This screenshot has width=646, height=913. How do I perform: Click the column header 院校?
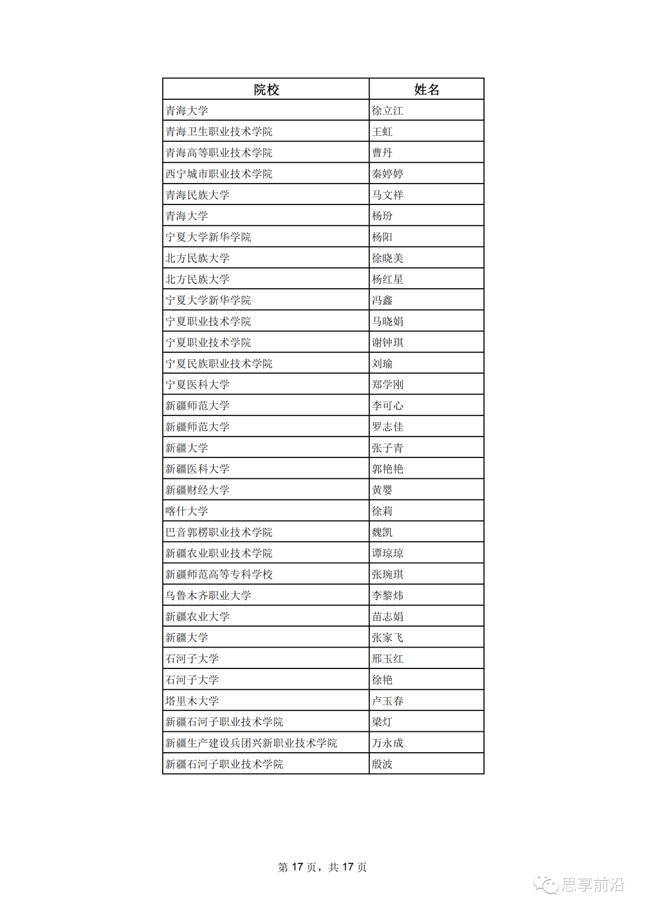click(266, 90)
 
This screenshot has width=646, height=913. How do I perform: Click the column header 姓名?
click(426, 90)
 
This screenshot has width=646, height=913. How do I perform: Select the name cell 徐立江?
click(388, 111)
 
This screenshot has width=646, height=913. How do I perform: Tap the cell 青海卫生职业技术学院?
click(219, 132)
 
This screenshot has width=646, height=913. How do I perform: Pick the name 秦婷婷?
click(388, 174)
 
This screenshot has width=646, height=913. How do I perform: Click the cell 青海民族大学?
click(197, 195)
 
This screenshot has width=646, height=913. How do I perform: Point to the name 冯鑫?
click(382, 300)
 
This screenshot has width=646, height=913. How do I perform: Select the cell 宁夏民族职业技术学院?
click(219, 364)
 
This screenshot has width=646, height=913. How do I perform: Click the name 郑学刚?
click(388, 384)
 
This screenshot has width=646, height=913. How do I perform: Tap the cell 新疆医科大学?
click(197, 469)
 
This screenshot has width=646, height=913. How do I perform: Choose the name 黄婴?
click(382, 490)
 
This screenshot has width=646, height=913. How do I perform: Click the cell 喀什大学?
click(187, 511)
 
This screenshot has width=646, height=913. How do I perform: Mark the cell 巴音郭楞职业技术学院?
click(219, 532)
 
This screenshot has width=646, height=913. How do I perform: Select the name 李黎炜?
click(388, 596)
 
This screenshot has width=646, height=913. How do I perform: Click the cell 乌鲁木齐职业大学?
click(208, 596)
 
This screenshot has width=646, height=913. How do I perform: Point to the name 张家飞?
click(388, 637)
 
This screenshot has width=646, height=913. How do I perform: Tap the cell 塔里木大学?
click(192, 701)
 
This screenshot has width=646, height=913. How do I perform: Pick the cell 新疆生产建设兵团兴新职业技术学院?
click(251, 743)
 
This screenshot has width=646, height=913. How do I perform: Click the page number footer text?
click(322, 867)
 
